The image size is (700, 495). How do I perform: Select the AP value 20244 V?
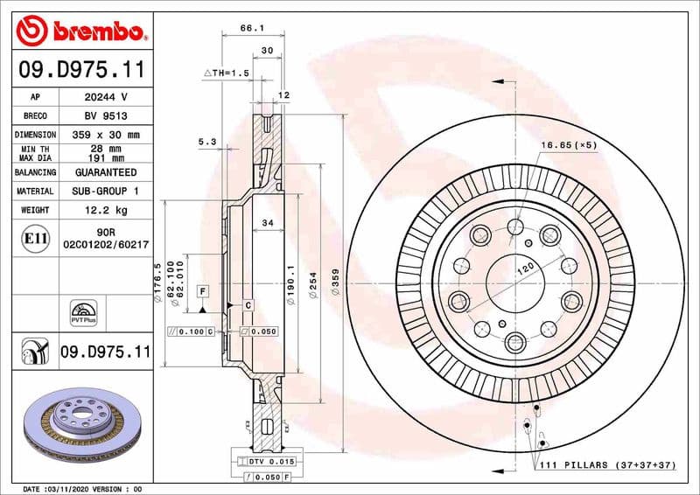(x=105, y=97)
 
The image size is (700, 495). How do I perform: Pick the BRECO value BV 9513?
(x=105, y=116)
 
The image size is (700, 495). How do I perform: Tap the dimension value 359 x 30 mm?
(x=105, y=136)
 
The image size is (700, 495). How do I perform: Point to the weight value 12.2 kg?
(x=105, y=211)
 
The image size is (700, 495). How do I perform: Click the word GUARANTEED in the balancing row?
(x=105, y=172)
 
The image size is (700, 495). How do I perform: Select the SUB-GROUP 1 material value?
(x=105, y=192)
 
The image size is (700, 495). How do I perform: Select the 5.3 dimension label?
(x=206, y=142)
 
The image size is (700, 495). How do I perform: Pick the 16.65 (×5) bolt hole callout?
(x=569, y=145)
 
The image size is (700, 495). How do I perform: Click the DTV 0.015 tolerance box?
(x=269, y=460)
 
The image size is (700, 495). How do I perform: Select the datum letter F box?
(x=202, y=289)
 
